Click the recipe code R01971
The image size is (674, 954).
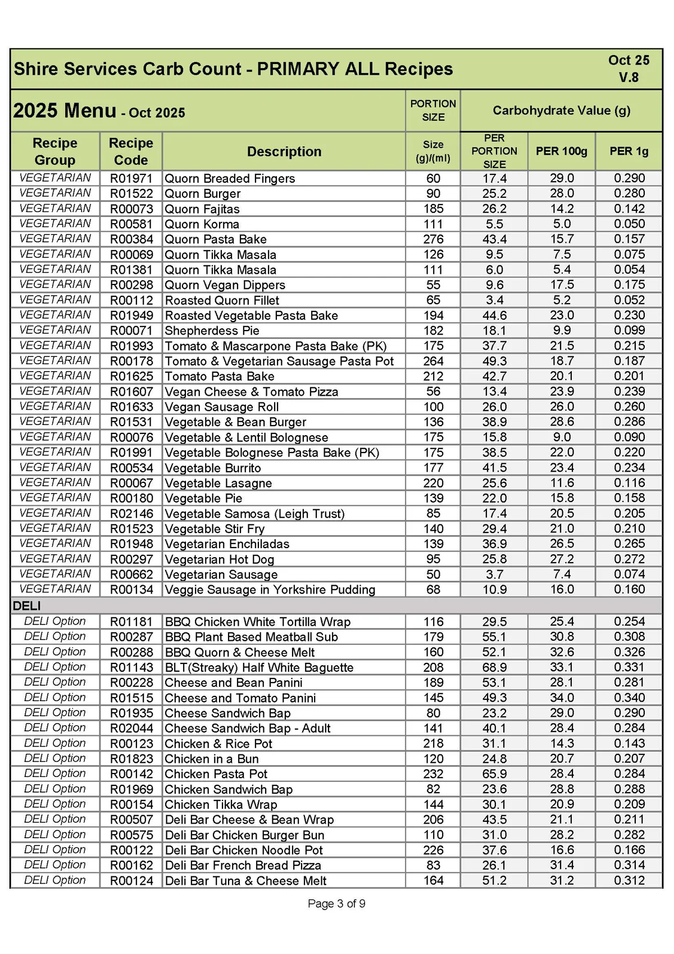pyautogui.click(x=131, y=179)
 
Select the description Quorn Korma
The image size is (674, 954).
pyautogui.click(x=202, y=224)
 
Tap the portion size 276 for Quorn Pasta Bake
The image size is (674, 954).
pyautogui.click(x=433, y=239)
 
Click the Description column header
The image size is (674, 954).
pyautogui.click(x=284, y=152)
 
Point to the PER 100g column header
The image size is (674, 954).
pyautogui.click(x=561, y=151)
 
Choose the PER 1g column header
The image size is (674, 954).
pyautogui.click(x=629, y=151)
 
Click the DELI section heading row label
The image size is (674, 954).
pyautogui.click(x=26, y=606)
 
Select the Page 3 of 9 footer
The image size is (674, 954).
pyautogui.click(x=336, y=903)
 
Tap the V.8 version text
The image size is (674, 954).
pyautogui.click(x=629, y=78)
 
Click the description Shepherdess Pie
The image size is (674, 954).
pyautogui.click(x=212, y=331)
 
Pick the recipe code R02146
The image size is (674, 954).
pyautogui.click(x=131, y=513)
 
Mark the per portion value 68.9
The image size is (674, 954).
pyautogui.click(x=494, y=667)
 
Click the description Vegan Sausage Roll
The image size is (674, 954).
pyautogui.click(x=221, y=407)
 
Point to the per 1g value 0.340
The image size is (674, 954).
pyautogui.click(x=629, y=698)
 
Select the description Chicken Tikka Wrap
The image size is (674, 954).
pyautogui.click(x=221, y=804)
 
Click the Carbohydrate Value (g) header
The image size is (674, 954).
pyautogui.click(x=561, y=110)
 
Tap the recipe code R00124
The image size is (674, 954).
pyautogui.click(x=131, y=880)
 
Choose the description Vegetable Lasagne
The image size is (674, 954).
pyautogui.click(x=218, y=483)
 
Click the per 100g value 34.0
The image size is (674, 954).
pyautogui.click(x=561, y=698)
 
